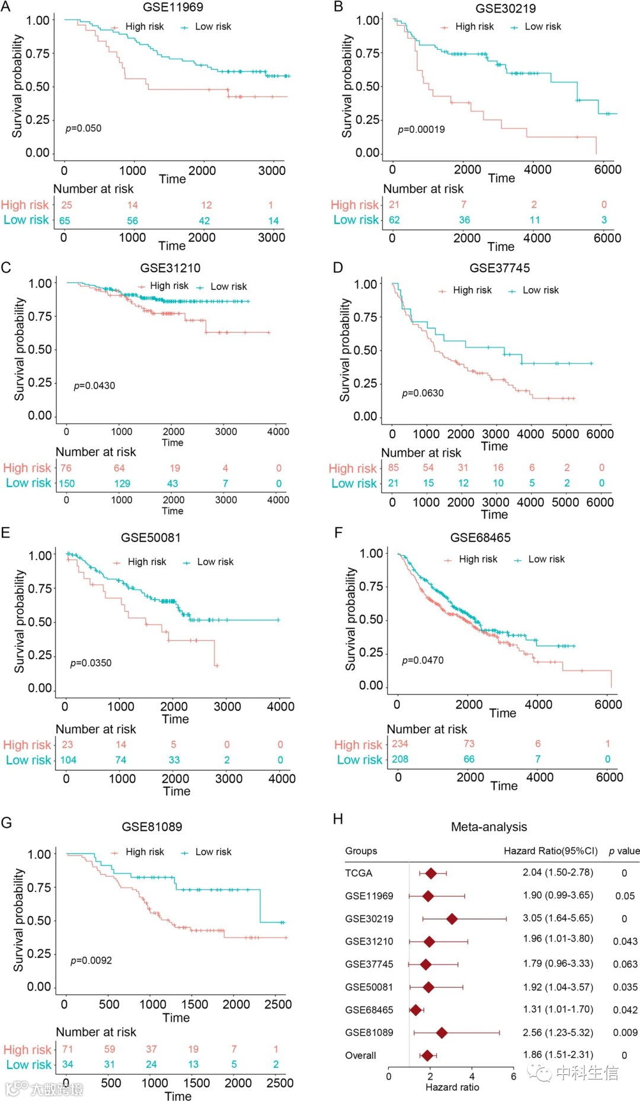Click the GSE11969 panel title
point(173,7)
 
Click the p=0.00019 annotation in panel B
point(421,129)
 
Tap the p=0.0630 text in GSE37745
point(423,393)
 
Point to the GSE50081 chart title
point(151,537)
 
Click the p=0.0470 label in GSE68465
point(423,660)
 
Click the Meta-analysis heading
point(489,826)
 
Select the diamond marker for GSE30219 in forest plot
point(452,919)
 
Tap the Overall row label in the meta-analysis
point(360,1055)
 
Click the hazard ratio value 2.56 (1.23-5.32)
point(558,1032)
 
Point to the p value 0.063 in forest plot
point(625,964)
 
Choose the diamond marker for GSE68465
point(415,1010)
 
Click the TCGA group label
point(359,873)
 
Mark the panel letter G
point(7,822)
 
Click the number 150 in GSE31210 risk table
point(66,483)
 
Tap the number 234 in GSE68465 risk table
point(400,743)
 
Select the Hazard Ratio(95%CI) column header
point(551,851)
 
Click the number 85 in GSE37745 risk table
point(393,467)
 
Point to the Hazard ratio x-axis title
point(452,1087)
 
